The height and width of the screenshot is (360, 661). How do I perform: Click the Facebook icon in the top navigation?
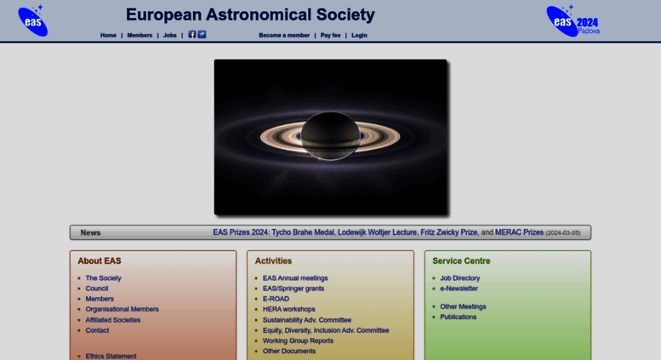point(191,35)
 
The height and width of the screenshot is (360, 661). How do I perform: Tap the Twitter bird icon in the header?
point(202,35)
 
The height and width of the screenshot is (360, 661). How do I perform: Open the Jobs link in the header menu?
point(170,36)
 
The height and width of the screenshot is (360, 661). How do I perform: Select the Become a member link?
point(284,36)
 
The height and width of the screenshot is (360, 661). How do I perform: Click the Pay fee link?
point(330,36)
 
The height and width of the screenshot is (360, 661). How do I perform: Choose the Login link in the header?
point(359,36)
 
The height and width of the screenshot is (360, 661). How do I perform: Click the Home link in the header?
point(108,36)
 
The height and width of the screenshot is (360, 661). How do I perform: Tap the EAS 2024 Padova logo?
point(573,21)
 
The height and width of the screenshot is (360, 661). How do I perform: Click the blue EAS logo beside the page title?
point(33,20)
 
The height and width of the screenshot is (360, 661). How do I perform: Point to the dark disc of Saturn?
point(330,135)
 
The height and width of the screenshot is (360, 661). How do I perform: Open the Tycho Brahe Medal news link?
point(303,232)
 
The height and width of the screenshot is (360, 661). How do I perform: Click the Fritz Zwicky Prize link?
point(448,232)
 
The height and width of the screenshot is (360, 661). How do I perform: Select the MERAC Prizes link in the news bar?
point(519,232)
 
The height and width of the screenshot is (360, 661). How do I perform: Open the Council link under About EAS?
point(97,289)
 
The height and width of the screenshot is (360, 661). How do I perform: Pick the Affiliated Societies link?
point(113,320)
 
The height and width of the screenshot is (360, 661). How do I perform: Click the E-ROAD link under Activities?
point(276,299)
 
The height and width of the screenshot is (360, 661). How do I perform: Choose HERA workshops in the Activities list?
point(288,309)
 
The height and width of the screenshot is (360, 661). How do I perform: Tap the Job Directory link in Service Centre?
point(460,278)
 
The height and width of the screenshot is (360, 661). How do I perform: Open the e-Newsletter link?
point(459,289)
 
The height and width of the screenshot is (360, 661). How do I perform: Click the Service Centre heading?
point(461,261)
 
